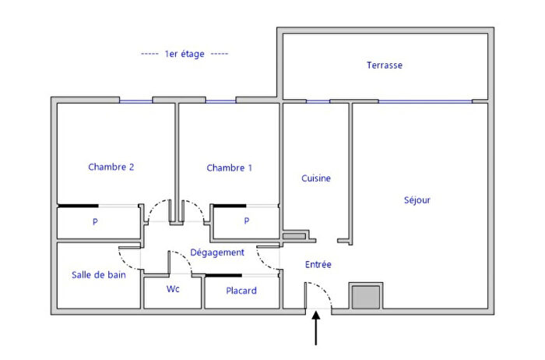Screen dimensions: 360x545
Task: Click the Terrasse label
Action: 385,65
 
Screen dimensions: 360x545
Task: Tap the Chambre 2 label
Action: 111,167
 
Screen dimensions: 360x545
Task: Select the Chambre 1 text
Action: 230,168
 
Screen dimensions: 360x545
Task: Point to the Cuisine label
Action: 316,178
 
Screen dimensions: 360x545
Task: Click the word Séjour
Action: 417,200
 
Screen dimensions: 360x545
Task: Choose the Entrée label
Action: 318,265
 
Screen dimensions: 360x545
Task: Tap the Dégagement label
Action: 217,252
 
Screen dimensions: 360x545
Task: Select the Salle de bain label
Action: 98,274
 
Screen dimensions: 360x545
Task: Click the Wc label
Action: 173,289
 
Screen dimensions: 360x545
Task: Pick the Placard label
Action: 241,291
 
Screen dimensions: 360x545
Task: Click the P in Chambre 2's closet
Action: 96,221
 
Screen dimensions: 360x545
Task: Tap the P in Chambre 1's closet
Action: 247,221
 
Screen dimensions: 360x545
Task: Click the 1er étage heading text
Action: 185,54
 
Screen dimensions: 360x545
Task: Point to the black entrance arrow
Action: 316,328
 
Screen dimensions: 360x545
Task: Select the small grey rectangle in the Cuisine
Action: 294,234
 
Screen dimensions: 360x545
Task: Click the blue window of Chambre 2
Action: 135,101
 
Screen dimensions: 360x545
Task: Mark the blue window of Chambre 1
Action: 221,101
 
